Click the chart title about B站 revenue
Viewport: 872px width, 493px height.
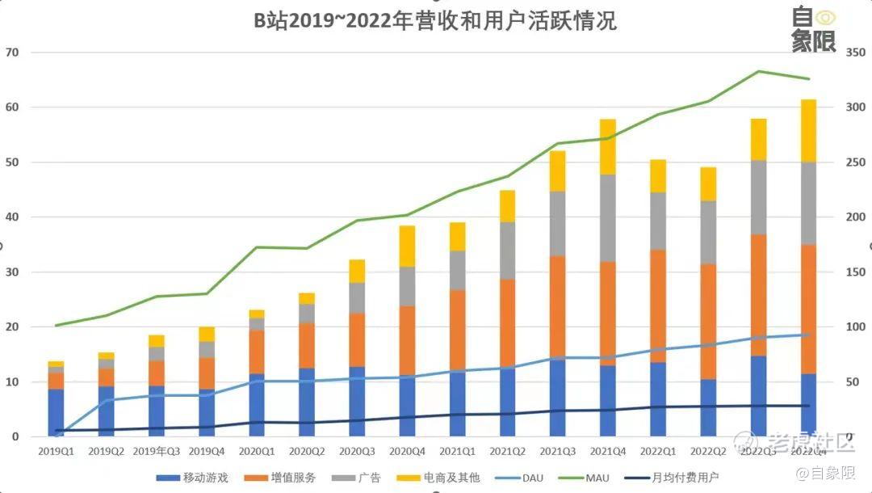click(x=435, y=20)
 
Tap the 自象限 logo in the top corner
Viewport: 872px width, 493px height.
click(x=813, y=29)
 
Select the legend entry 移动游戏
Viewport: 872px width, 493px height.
click(x=194, y=478)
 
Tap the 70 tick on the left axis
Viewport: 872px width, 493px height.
click(x=12, y=53)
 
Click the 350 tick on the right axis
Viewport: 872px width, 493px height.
click(x=855, y=53)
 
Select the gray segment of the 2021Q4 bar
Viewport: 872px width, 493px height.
click(x=608, y=217)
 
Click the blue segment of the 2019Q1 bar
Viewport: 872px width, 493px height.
click(x=56, y=412)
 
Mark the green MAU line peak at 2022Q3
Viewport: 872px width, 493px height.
click(x=758, y=71)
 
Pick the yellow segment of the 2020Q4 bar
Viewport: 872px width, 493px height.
click(x=408, y=246)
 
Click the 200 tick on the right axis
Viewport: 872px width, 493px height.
click(x=855, y=217)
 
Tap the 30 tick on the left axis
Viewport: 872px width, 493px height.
click(x=12, y=272)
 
